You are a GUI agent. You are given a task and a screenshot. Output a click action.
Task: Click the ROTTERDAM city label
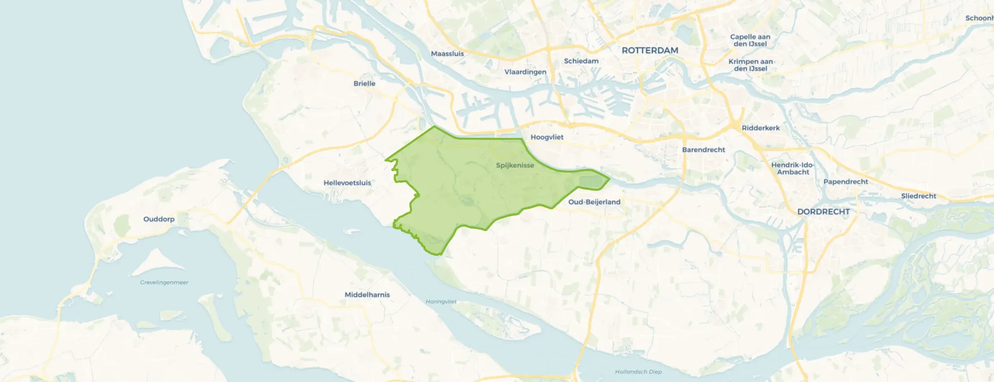[x=650, y=51]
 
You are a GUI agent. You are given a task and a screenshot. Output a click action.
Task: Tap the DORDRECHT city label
[x=823, y=212]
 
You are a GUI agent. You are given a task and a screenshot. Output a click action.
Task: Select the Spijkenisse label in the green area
[x=515, y=165]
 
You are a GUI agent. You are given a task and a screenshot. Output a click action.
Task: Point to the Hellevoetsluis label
[x=347, y=183]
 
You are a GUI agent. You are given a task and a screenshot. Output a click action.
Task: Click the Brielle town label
[x=364, y=83]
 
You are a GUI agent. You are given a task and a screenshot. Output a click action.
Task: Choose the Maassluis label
[x=447, y=54]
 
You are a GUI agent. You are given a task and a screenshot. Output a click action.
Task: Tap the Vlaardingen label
[x=525, y=72]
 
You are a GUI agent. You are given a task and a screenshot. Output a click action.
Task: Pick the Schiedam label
[x=581, y=61]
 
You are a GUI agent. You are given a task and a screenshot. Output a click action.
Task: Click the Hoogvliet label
[x=547, y=137]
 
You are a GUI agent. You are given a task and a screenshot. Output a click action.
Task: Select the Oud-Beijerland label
[x=594, y=202]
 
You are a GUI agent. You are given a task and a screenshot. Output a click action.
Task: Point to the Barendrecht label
[x=704, y=149]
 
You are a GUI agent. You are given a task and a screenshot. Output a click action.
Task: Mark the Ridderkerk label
[x=760, y=128]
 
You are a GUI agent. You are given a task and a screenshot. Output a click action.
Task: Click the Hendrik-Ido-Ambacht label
[x=793, y=169]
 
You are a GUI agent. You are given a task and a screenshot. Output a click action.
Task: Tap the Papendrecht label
[x=846, y=181]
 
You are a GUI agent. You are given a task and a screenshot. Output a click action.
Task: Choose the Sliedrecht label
[x=918, y=196]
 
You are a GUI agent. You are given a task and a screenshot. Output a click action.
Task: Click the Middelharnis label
[x=367, y=295]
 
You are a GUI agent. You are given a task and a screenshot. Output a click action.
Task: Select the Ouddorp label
[x=159, y=219]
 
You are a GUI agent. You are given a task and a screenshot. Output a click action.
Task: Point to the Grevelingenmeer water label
[x=164, y=282]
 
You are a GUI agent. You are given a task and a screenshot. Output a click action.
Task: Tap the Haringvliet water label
[x=441, y=301]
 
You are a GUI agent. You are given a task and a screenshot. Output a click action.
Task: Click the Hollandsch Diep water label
[x=638, y=372]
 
